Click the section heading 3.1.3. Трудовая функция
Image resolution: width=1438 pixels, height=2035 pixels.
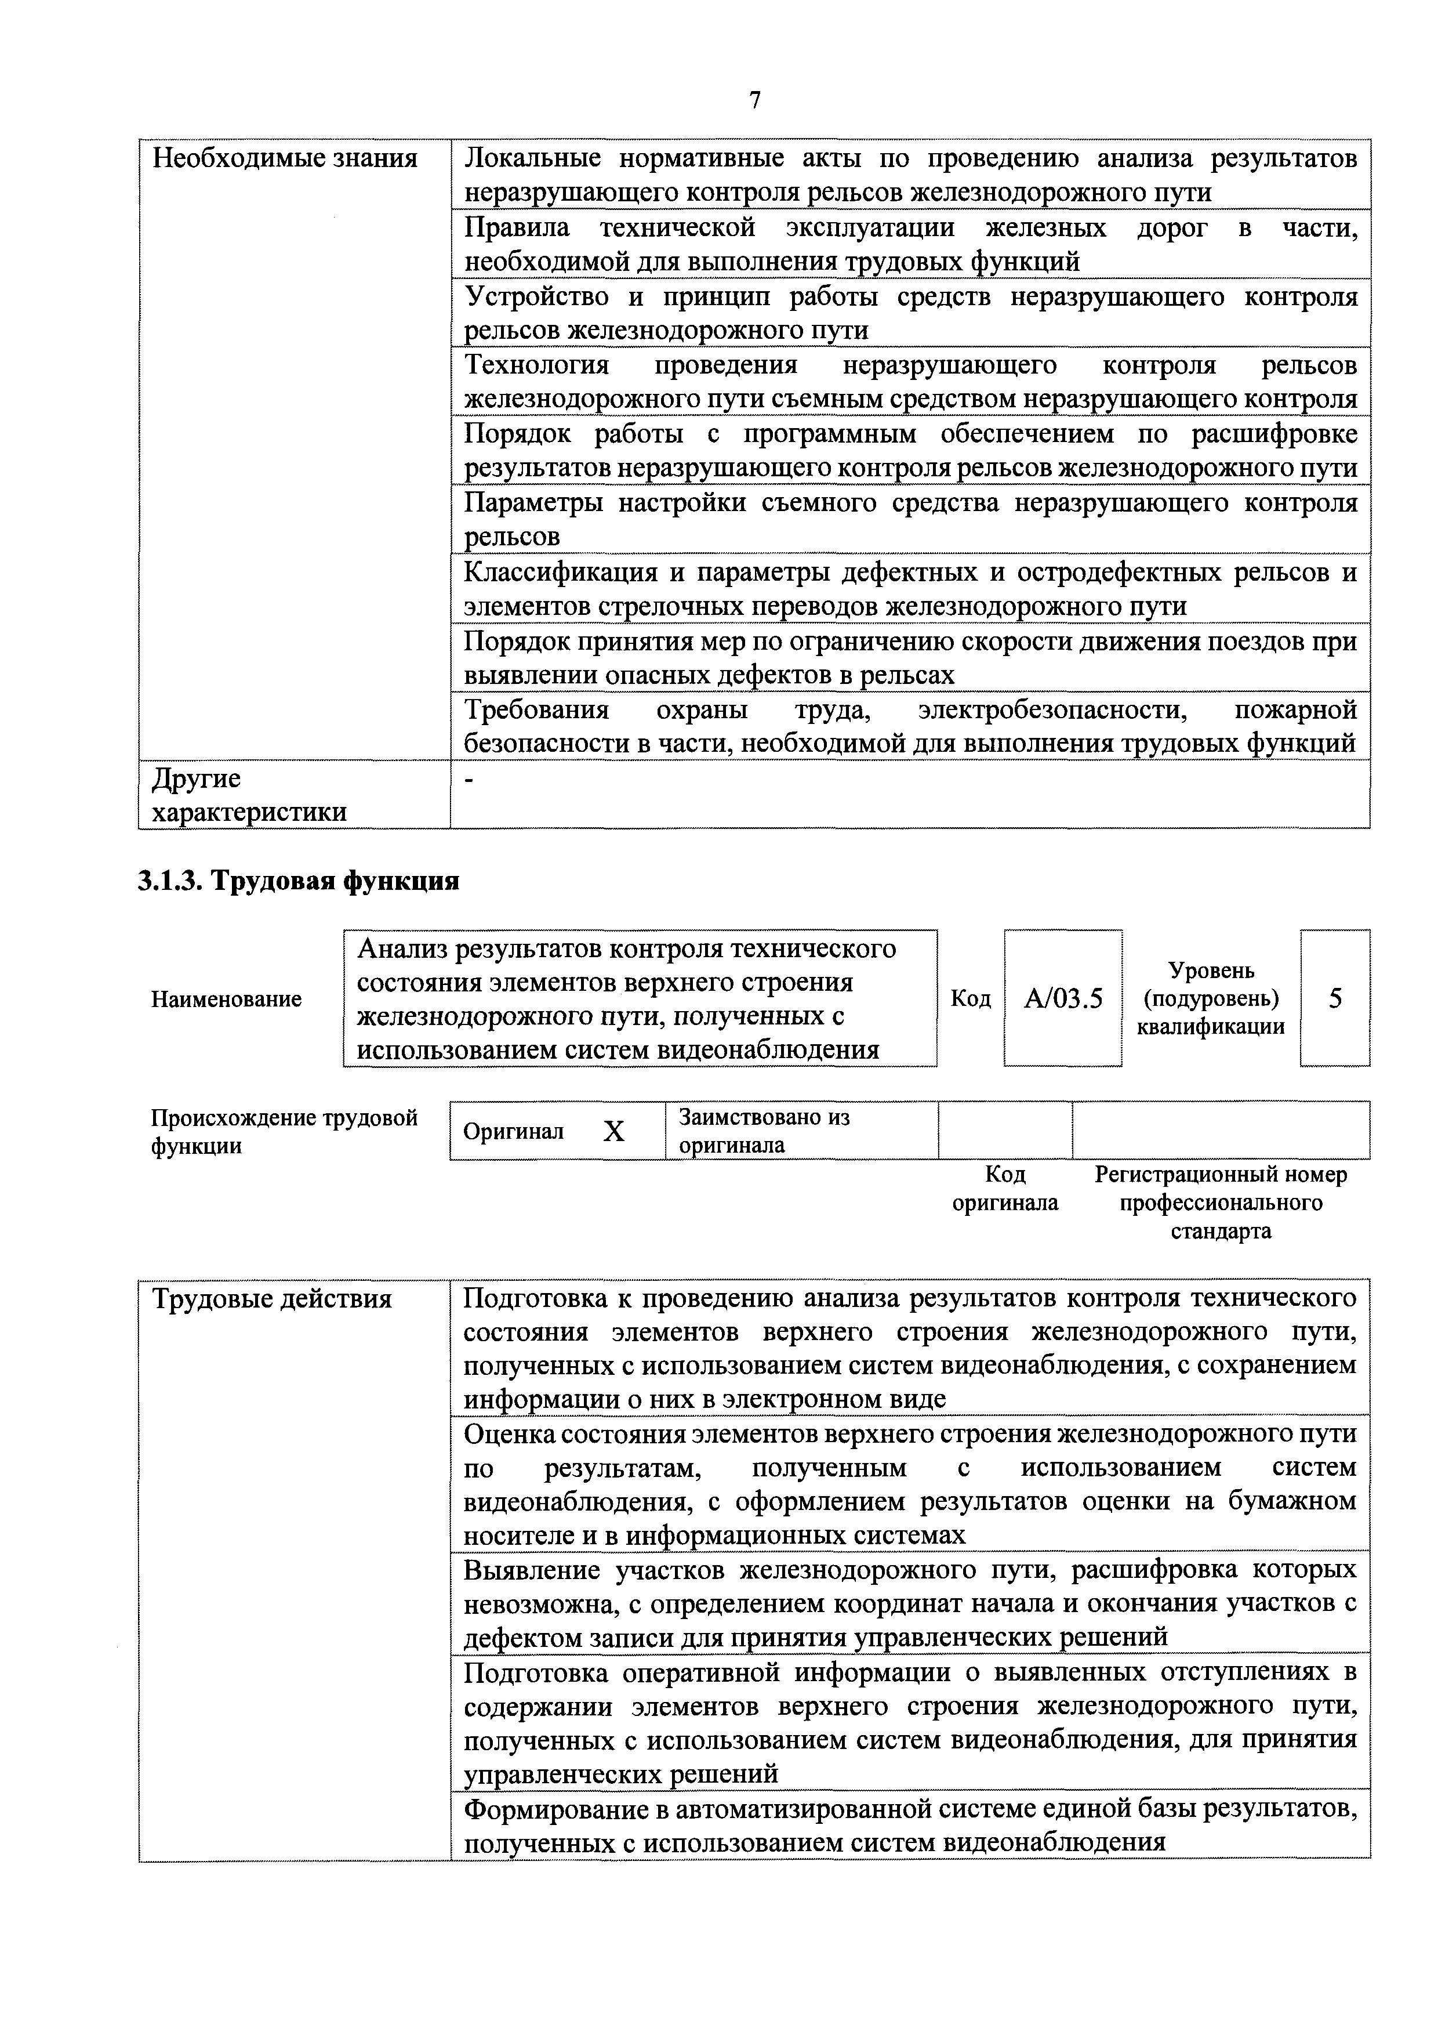(299, 881)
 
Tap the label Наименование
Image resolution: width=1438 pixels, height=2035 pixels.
(226, 999)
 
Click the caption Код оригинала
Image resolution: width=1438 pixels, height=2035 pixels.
(1005, 1189)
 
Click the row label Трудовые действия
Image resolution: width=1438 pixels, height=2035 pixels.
(272, 1299)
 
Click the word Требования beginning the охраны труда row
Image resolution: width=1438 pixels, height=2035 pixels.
(537, 710)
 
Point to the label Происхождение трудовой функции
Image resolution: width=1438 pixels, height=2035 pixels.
(284, 1132)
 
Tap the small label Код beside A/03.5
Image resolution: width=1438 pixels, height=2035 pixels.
(970, 999)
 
